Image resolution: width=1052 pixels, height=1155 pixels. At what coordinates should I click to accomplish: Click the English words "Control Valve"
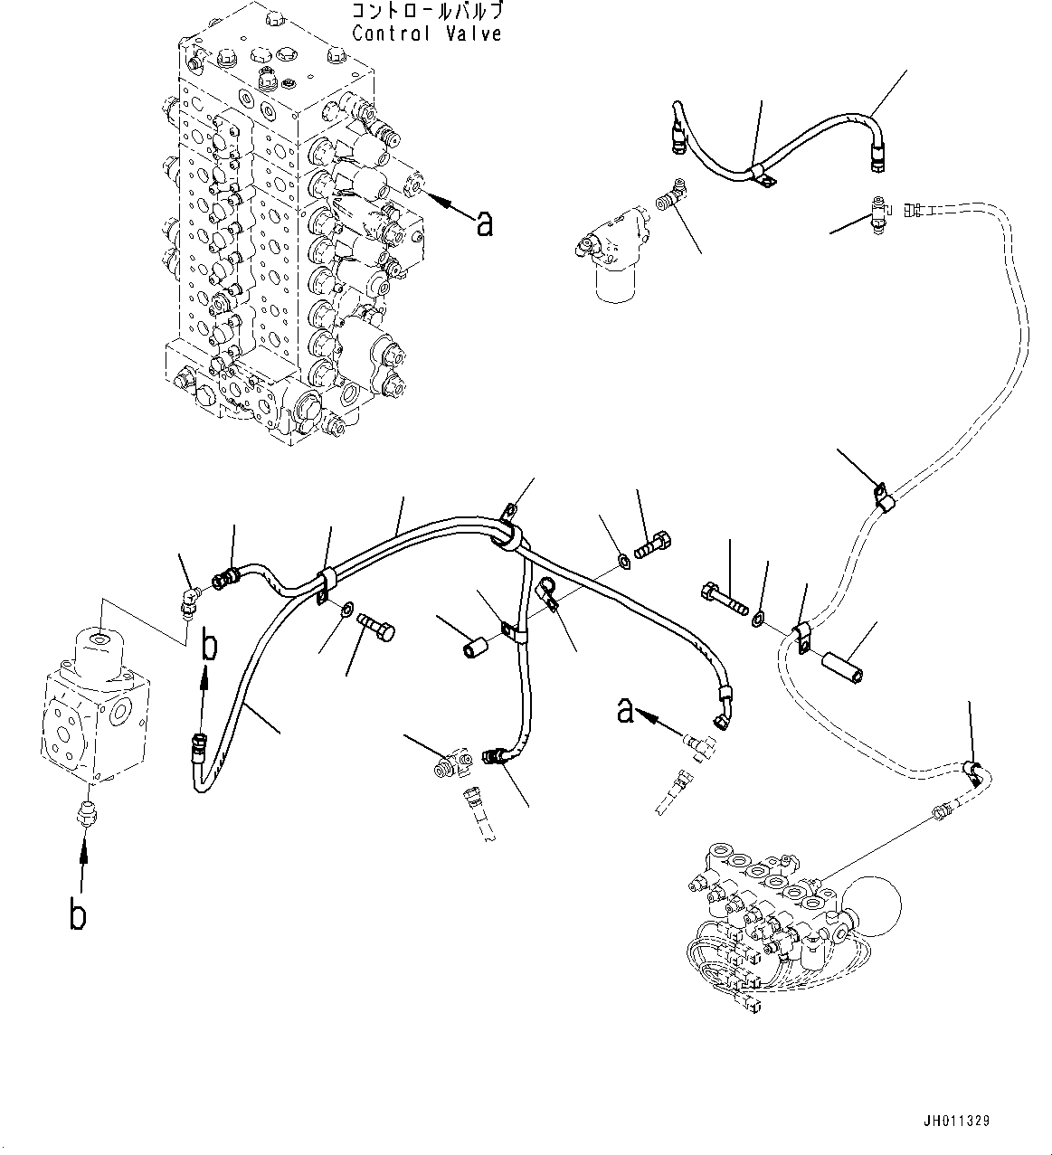427,33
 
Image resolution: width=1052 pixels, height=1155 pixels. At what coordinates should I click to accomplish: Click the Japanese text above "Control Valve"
427,13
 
